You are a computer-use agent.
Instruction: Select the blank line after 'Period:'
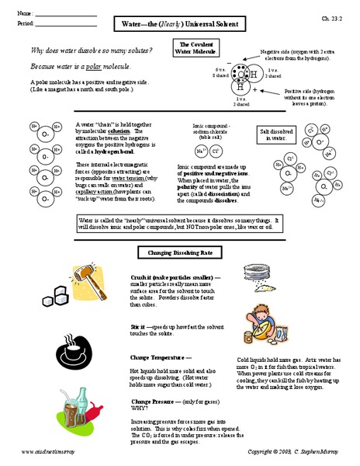pyautogui.click(x=66, y=24)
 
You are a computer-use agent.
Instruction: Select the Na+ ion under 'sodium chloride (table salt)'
pyautogui.click(x=201, y=151)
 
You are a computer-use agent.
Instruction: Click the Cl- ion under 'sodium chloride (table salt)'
pyautogui.click(x=216, y=151)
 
